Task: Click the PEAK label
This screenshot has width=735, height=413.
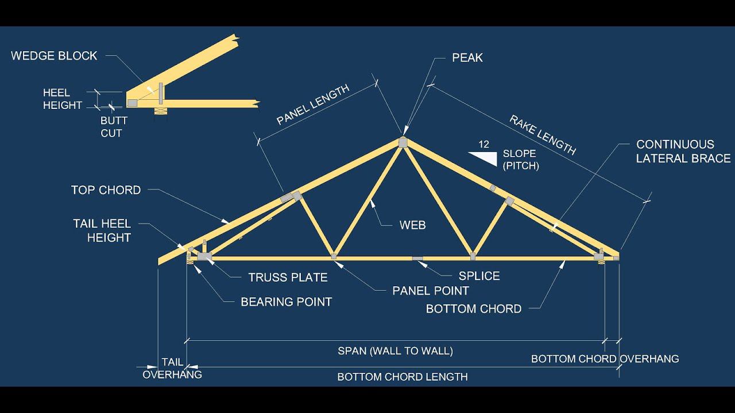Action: (x=467, y=58)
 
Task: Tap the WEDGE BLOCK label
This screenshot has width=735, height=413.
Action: (x=54, y=56)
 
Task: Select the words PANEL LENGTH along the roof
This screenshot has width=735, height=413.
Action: (x=313, y=104)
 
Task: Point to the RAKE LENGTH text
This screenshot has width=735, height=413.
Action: (x=543, y=135)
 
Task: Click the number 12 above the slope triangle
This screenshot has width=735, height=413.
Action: (x=483, y=145)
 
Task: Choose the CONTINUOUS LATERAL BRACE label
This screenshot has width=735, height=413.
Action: (x=683, y=151)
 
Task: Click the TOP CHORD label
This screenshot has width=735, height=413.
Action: (x=106, y=190)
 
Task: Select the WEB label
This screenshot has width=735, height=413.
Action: (x=412, y=225)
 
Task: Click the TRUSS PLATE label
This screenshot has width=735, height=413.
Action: (x=288, y=278)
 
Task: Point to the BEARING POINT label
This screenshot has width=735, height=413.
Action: (x=287, y=302)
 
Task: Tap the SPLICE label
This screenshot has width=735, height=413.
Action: (x=479, y=276)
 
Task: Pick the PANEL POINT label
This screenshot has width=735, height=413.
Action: (x=431, y=291)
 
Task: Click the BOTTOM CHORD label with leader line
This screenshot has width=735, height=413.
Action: (x=474, y=309)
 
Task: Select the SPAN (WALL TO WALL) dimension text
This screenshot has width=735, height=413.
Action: (x=396, y=351)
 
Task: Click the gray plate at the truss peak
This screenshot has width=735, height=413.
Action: (x=403, y=143)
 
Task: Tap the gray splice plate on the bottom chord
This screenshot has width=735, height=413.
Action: (x=417, y=259)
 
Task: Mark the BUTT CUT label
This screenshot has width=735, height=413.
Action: (x=114, y=127)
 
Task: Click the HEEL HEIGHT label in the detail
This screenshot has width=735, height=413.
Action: (x=63, y=99)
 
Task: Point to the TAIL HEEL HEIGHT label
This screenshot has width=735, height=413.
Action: (x=102, y=231)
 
